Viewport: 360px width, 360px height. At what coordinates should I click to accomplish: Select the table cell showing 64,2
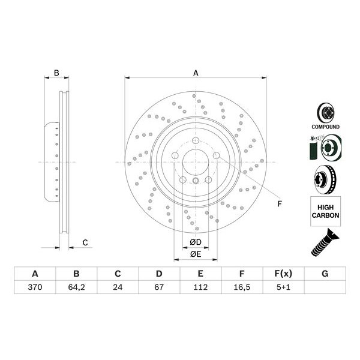click(x=76, y=287)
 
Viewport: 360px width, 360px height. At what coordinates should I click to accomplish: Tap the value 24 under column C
click(x=118, y=287)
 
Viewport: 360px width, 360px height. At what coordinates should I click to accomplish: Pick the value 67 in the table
click(x=159, y=287)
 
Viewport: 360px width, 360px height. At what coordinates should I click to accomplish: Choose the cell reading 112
click(x=200, y=287)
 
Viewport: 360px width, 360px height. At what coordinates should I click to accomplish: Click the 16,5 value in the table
click(x=242, y=287)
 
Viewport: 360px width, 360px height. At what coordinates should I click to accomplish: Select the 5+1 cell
click(x=283, y=287)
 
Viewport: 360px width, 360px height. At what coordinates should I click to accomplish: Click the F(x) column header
click(x=283, y=274)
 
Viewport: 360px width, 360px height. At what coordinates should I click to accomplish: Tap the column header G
click(x=325, y=274)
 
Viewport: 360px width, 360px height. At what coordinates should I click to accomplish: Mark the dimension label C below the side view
click(x=85, y=242)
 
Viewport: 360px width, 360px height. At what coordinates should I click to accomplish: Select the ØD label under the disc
click(x=196, y=242)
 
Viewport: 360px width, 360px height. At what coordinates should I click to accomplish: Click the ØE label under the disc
click(x=196, y=254)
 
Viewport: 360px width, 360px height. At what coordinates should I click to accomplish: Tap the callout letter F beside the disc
click(x=279, y=204)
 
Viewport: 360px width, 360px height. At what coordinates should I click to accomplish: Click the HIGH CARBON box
click(x=325, y=211)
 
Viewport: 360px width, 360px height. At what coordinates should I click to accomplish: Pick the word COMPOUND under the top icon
click(x=325, y=127)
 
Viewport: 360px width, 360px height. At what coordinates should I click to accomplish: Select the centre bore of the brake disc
click(x=196, y=161)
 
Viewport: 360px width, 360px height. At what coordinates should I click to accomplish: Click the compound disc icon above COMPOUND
click(x=325, y=112)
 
